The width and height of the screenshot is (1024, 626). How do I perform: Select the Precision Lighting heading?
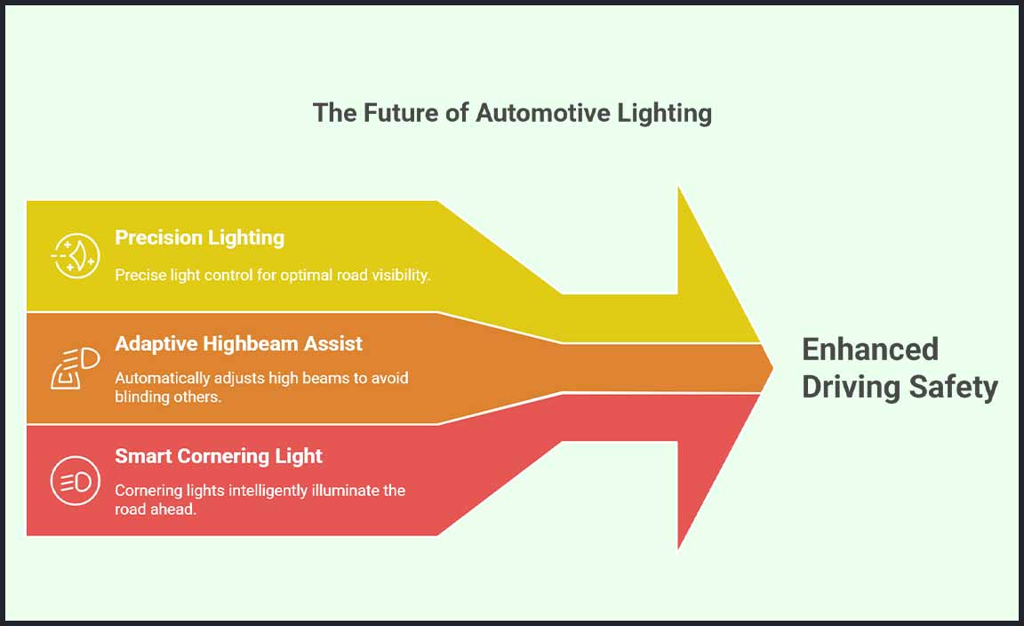tap(199, 237)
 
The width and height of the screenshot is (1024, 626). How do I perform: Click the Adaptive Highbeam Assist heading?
tap(238, 343)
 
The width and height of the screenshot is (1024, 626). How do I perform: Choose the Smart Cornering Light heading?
tap(219, 456)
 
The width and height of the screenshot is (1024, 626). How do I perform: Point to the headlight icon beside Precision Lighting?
tap(75, 256)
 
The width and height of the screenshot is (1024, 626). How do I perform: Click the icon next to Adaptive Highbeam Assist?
tap(75, 368)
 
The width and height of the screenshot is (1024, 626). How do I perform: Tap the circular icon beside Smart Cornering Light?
tap(75, 481)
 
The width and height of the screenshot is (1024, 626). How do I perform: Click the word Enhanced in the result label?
tap(869, 349)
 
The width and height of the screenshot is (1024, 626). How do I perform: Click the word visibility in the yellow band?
tap(396, 276)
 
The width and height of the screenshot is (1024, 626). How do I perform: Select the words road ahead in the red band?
tap(156, 510)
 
